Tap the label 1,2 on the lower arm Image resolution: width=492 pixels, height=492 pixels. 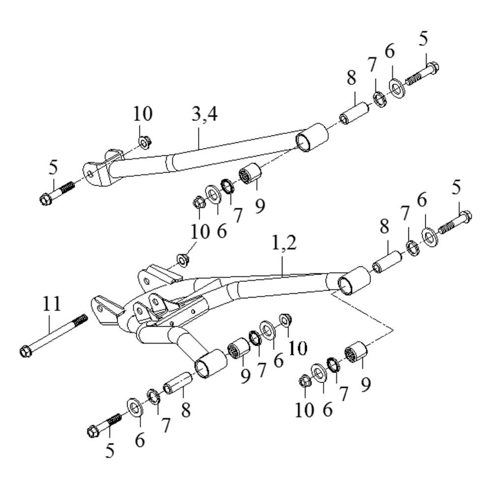(284, 243)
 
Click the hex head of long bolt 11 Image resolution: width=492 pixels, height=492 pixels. (26, 351)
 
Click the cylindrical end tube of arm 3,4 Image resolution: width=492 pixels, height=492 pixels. (312, 137)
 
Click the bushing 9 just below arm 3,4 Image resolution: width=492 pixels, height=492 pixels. (250, 175)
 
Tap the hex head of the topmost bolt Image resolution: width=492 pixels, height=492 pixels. (432, 67)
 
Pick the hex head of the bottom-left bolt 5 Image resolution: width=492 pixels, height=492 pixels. (93, 431)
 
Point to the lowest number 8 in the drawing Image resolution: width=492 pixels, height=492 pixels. (186, 410)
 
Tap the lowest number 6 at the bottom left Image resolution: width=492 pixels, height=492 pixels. (140, 440)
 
